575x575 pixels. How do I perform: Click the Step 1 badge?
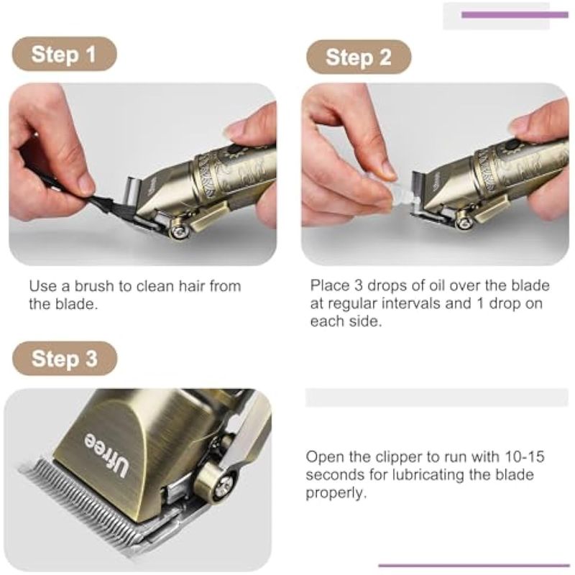tap(65, 54)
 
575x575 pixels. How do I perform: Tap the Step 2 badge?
tap(359, 57)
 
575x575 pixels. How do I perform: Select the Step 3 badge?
tap(65, 358)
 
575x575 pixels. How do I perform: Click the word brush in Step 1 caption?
tap(94, 286)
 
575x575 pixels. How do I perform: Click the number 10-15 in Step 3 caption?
tap(525, 457)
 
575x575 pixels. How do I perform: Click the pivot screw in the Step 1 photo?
tap(179, 230)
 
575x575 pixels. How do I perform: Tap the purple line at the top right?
tap(515, 14)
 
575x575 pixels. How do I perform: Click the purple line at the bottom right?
tap(474, 565)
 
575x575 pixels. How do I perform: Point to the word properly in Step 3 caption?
tap(336, 493)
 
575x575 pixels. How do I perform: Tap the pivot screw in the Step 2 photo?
tap(465, 223)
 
